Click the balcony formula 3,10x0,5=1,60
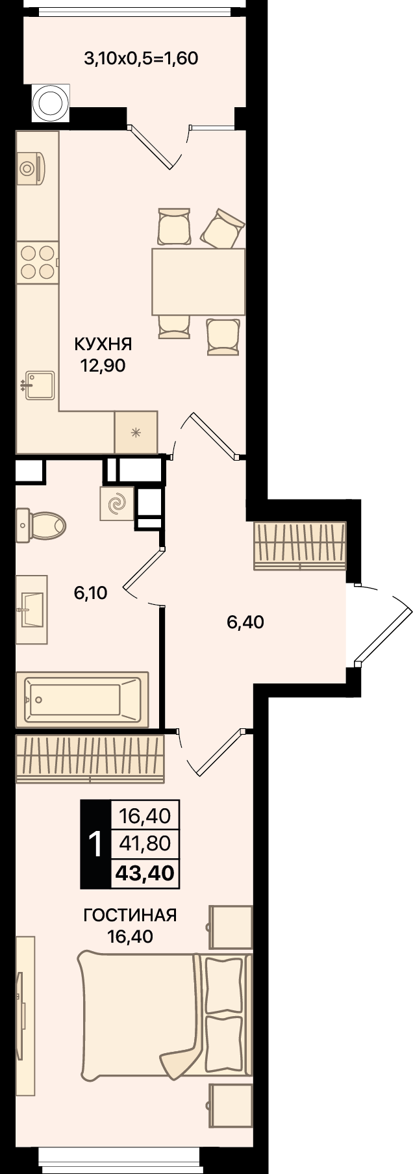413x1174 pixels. tap(141, 59)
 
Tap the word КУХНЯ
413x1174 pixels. tap(103, 343)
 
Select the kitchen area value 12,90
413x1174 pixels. tap(103, 366)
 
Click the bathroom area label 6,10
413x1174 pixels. tap(90, 593)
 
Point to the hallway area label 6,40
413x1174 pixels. tap(245, 622)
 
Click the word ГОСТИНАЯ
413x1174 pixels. tap(131, 915)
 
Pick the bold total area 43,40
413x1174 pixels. tap(145, 873)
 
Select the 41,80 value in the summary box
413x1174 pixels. tap(145, 843)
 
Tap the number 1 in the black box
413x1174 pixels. tap(95, 845)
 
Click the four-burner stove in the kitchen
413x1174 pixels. tap(37, 262)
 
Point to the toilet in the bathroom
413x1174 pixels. tap(40, 524)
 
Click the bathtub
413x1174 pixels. tap(82, 699)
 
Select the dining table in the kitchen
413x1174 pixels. tap(198, 281)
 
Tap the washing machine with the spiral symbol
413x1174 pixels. tap(117, 504)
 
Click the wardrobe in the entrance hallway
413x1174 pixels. tap(300, 545)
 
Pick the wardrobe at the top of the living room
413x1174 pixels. tap(90, 759)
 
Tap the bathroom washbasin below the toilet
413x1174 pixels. tap(31, 609)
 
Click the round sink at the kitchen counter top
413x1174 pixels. tap(29, 168)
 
